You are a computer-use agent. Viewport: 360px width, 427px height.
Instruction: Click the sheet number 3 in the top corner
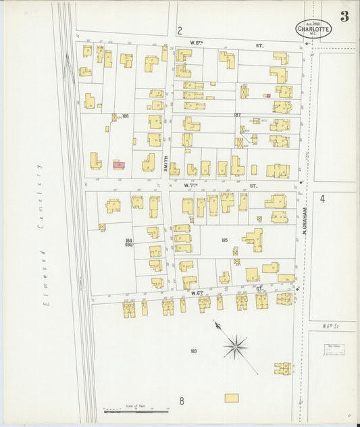pos(344,17)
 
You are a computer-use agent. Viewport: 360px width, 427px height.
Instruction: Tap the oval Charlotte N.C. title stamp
pos(313,28)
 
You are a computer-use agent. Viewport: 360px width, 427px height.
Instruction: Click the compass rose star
pos(235,347)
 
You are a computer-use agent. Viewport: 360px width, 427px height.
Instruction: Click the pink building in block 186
pos(119,164)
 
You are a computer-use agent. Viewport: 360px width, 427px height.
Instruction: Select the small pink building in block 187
pos(267,95)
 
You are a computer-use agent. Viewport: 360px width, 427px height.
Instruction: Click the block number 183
pos(193,351)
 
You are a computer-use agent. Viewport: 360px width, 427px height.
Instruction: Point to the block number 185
pos(224,240)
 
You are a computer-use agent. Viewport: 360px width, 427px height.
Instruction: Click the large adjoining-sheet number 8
pos(182,401)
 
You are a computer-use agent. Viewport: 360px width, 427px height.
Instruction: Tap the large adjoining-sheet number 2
pos(180,30)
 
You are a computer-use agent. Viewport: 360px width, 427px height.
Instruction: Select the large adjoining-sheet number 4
pos(323,199)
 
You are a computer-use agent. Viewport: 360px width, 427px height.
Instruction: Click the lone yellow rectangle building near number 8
pos(232,398)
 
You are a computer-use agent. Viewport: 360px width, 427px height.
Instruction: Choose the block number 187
pos(237,115)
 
